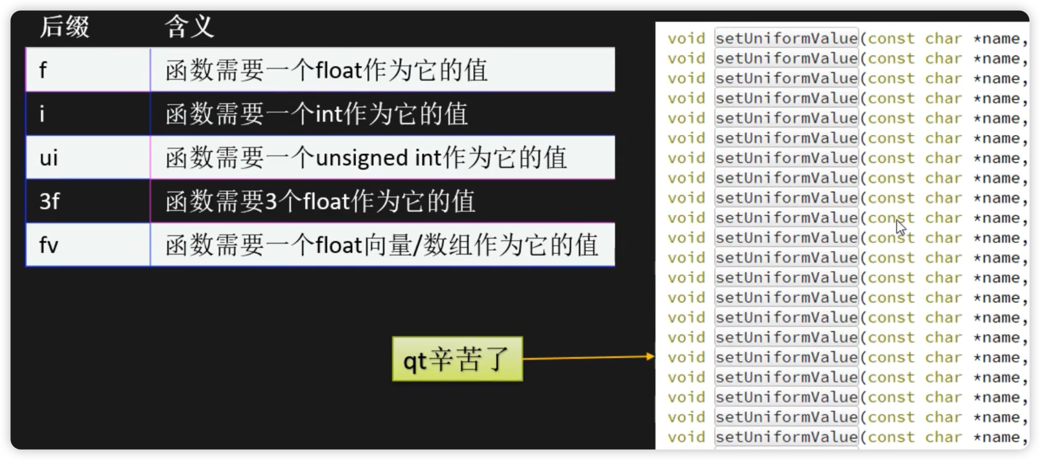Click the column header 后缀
click(x=64, y=27)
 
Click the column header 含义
click(x=189, y=27)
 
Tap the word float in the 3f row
click(x=326, y=201)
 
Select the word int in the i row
click(x=329, y=114)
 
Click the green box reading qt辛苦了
click(x=457, y=359)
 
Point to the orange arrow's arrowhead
click(x=651, y=357)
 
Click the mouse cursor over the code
click(x=900, y=226)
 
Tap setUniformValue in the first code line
click(x=786, y=39)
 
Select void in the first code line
click(x=686, y=39)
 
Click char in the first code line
click(x=943, y=39)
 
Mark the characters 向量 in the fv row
click(x=387, y=245)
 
